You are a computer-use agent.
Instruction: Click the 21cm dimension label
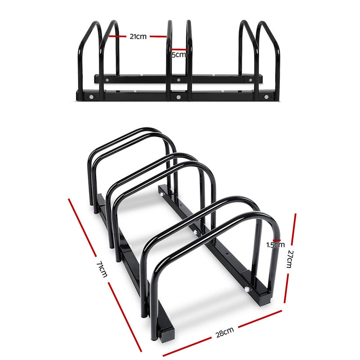[x=138, y=36]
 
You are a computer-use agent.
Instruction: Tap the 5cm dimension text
[x=179, y=55]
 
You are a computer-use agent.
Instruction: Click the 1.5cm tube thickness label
[x=275, y=245]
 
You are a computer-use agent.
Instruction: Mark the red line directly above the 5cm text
[x=179, y=49]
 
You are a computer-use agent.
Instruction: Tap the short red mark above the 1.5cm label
[x=274, y=239]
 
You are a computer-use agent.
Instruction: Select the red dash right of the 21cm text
[x=158, y=36]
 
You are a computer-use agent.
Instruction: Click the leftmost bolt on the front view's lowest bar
[x=92, y=96]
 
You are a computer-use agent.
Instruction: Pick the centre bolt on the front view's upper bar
[x=179, y=80]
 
